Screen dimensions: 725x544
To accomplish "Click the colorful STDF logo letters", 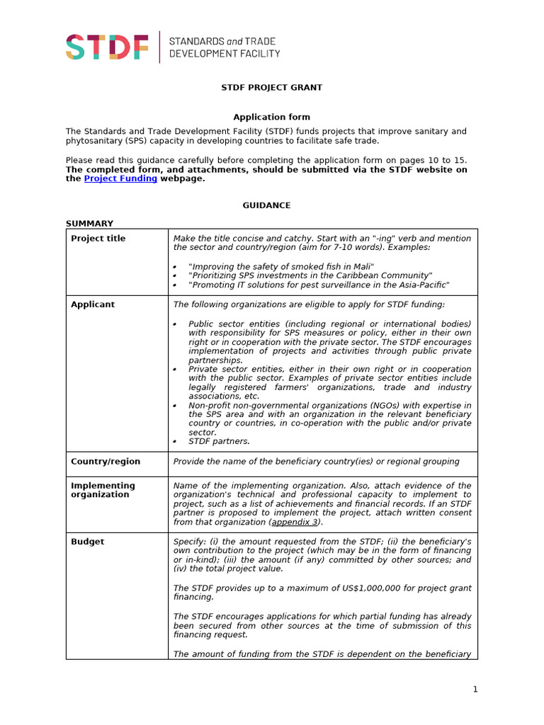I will tap(107, 47).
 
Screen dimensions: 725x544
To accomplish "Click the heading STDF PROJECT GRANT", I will tap(271, 88).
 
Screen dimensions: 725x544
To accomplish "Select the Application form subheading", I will tap(271, 117).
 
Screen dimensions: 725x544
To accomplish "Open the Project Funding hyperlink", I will tap(120, 179).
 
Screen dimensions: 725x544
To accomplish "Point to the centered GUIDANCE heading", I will tap(266, 205).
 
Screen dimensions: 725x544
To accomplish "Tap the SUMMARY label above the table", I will tap(89, 224).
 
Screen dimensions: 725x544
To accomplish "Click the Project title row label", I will tap(98, 239).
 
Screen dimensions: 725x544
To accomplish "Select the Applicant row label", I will tap(93, 304).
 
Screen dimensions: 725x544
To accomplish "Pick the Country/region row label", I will tap(106, 462).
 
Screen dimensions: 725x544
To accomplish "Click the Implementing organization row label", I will tap(103, 490).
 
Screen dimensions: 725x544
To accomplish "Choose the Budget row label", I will tap(87, 542).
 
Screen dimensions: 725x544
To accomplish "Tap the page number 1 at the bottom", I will tap(476, 690).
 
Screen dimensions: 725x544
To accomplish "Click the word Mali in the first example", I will tap(361, 266).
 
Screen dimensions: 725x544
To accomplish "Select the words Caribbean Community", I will tap(385, 275).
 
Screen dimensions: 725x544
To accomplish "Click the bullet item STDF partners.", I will tap(219, 442).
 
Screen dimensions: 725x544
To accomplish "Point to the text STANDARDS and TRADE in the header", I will tap(222, 41).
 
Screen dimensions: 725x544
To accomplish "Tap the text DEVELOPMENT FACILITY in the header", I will tap(224, 54).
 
